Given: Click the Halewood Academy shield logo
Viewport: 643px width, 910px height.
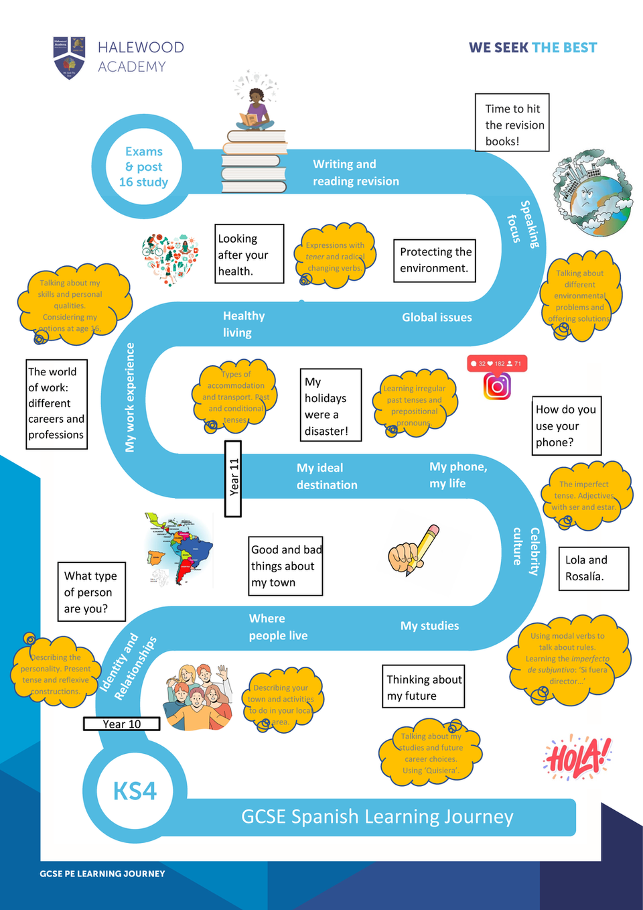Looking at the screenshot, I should [69, 57].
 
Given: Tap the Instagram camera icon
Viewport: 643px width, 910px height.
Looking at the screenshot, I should [497, 386].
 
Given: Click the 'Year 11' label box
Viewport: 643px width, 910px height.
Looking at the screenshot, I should [233, 478].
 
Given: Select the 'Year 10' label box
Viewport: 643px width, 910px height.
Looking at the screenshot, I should [122, 724].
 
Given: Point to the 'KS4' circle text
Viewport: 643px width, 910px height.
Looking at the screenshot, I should [135, 791].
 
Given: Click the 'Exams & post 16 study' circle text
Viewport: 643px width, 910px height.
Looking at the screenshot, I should [143, 167].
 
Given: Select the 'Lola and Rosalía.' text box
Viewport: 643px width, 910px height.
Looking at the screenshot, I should [593, 568].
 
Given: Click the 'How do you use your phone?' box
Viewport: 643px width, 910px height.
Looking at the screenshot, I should [566, 426].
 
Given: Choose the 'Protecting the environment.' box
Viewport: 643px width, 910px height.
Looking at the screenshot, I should [435, 260].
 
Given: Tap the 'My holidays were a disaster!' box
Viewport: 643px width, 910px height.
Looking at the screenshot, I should [330, 405].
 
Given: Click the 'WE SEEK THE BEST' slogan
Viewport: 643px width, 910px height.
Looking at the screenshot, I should [532, 48].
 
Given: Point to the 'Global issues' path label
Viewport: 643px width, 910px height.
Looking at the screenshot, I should [437, 318].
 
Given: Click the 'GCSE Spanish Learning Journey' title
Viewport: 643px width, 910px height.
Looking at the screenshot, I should [377, 817].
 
